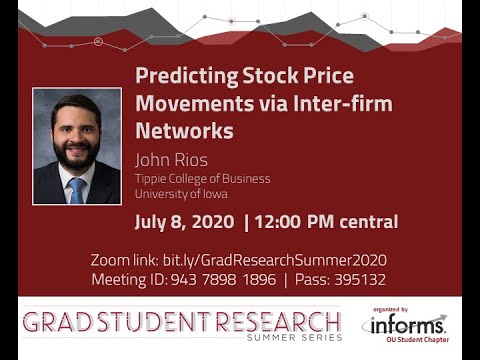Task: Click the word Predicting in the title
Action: point(182,77)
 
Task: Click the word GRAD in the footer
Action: point(56,322)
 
